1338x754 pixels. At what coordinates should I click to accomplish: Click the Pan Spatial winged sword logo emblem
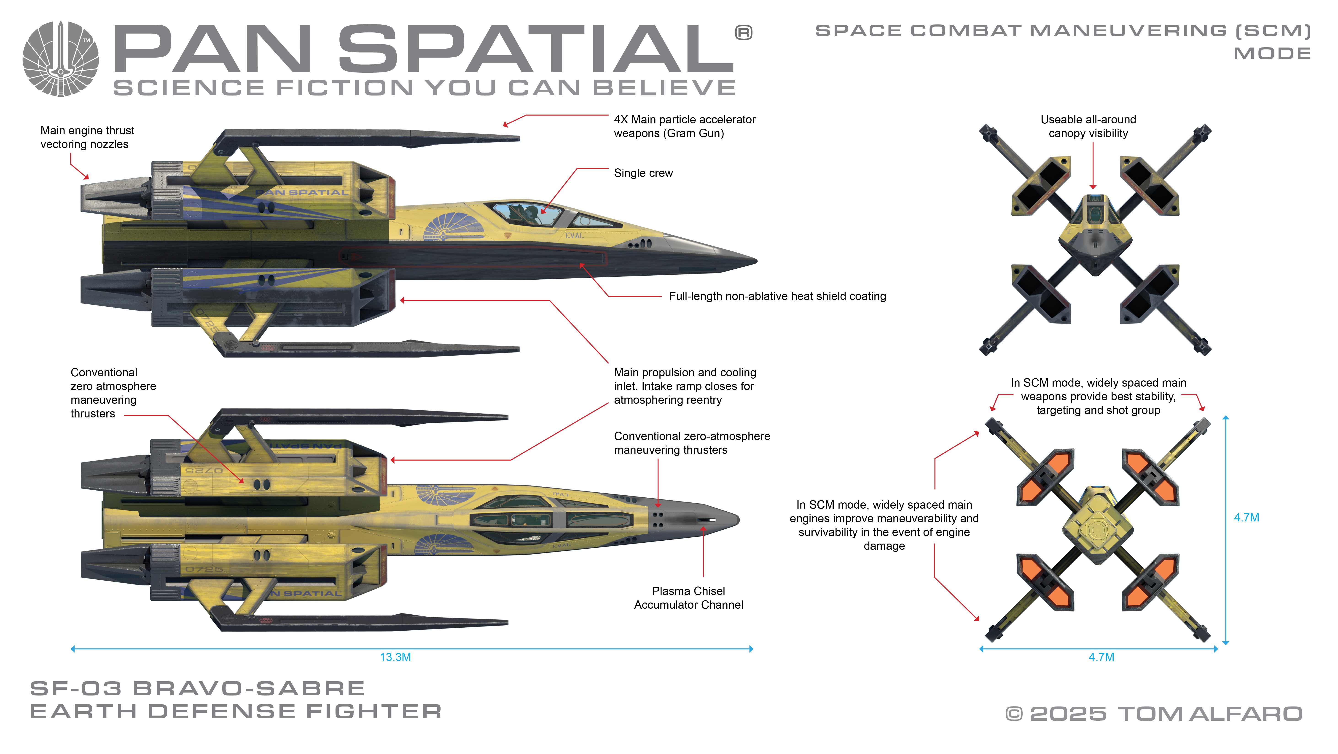[x=61, y=59]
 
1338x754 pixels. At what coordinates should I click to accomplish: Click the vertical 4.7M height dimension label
[x=1246, y=517]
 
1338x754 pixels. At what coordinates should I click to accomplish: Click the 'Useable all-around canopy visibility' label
[x=1088, y=126]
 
